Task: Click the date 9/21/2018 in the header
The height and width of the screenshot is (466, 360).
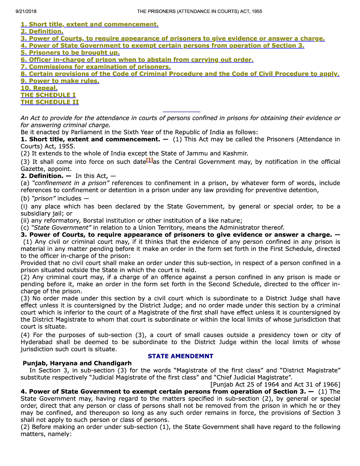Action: click(x=26, y=11)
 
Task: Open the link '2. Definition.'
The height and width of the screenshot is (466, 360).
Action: click(x=42, y=31)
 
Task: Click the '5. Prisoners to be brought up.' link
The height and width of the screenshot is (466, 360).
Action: click(x=70, y=53)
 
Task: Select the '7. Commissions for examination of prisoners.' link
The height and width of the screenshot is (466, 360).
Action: click(x=96, y=67)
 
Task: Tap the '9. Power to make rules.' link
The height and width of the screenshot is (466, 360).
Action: click(x=60, y=81)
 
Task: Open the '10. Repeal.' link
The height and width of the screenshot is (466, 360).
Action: click(x=39, y=88)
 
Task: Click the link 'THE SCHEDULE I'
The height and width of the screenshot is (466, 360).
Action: click(x=48, y=95)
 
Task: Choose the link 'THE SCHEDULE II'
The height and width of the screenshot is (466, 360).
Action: click(x=50, y=102)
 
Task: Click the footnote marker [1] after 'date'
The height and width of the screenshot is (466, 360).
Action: click(x=150, y=160)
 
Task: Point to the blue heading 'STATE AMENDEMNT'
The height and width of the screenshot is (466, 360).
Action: click(x=180, y=356)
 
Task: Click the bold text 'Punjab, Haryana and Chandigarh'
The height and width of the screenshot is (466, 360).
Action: click(x=77, y=363)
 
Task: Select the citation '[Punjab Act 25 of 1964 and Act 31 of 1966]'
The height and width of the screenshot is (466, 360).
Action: click(x=275, y=384)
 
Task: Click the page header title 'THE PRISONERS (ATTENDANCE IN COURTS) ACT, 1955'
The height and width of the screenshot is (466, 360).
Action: click(x=199, y=11)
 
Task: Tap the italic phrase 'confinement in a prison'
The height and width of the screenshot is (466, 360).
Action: click(x=71, y=183)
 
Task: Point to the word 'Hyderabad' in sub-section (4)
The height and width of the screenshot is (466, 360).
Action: click(x=37, y=342)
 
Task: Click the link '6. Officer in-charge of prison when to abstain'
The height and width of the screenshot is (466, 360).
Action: click(x=137, y=60)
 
